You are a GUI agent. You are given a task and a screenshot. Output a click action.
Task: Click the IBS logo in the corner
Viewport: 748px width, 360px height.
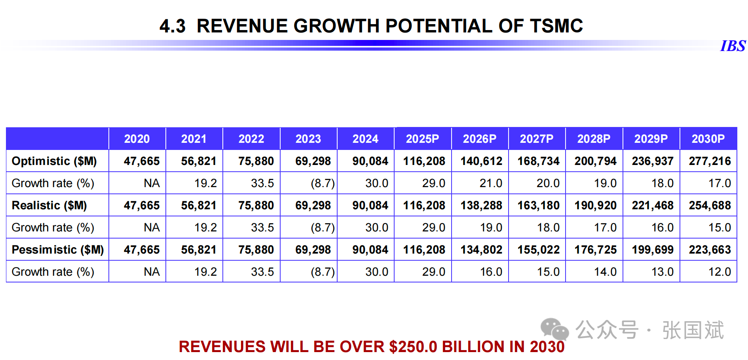click(733, 46)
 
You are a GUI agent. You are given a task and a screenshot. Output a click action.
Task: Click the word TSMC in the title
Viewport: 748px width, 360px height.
click(556, 26)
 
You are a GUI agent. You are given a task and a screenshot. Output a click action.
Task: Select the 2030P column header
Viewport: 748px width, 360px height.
click(708, 139)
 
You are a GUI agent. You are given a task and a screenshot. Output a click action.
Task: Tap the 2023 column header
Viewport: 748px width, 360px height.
click(308, 139)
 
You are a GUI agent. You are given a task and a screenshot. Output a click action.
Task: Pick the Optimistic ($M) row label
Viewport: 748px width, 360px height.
click(54, 161)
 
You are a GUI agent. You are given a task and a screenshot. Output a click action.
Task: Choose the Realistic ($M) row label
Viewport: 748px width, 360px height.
click(49, 205)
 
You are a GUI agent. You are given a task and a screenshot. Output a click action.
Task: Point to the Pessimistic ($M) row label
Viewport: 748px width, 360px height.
click(58, 250)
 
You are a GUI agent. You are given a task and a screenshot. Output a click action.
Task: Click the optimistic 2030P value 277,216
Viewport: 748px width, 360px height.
click(710, 161)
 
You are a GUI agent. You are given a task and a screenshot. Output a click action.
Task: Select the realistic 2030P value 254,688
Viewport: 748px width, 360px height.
click(710, 205)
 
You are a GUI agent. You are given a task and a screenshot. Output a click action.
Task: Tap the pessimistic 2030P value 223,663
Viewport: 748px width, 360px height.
click(710, 250)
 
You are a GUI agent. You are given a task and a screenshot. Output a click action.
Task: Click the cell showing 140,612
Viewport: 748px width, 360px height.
click(481, 161)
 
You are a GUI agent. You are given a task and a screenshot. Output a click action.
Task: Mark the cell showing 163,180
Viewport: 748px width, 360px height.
click(538, 205)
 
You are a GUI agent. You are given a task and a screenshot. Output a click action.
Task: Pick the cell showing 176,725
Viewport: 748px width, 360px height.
click(596, 250)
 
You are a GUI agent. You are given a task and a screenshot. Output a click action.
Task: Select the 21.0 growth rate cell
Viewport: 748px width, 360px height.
click(491, 183)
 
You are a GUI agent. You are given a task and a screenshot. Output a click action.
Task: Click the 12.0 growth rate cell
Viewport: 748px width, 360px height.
click(720, 272)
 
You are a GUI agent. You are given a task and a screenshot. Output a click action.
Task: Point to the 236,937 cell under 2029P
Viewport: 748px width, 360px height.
click(653, 161)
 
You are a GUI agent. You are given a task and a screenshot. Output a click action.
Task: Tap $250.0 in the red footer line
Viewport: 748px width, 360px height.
click(413, 347)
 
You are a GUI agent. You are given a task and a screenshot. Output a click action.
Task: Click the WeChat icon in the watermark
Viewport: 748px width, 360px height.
click(554, 330)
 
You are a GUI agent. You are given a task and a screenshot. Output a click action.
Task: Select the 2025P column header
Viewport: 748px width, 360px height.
click(422, 139)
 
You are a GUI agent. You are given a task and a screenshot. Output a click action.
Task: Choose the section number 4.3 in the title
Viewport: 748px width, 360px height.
click(173, 26)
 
